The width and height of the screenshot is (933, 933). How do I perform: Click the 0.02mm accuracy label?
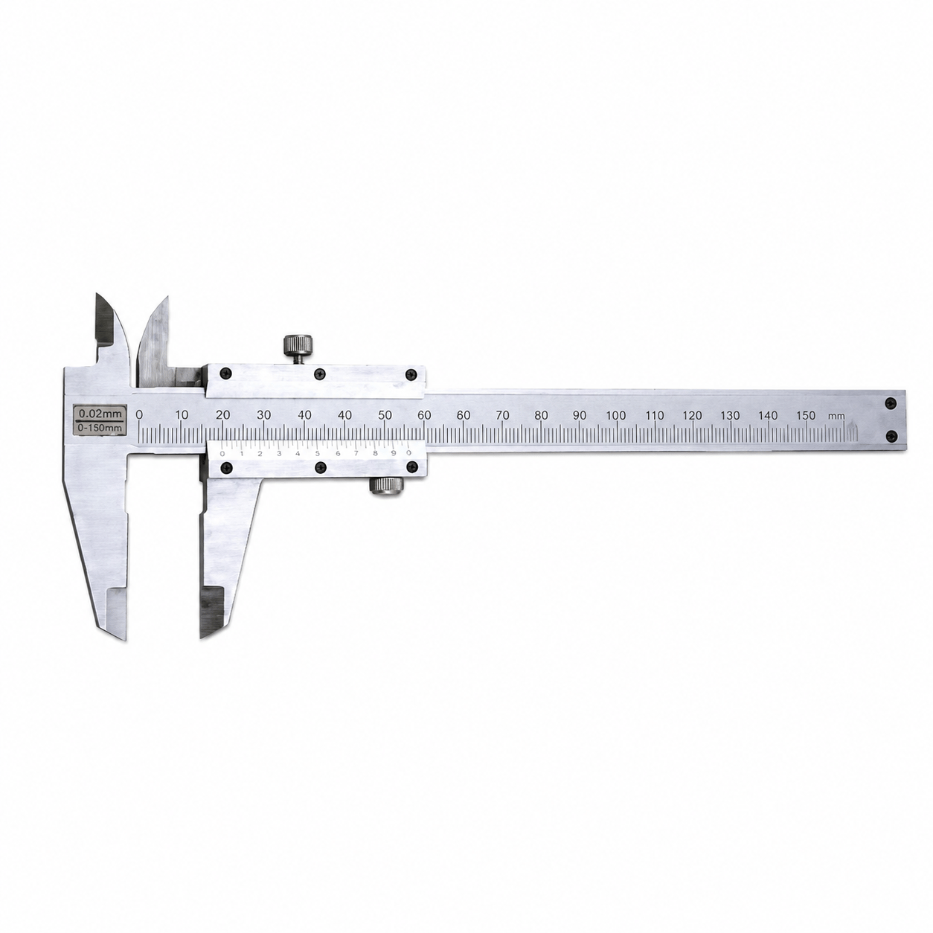[x=100, y=414]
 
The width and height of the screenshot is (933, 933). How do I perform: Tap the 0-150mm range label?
[x=100, y=428]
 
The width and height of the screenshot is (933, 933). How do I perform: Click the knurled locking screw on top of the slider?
[x=298, y=346]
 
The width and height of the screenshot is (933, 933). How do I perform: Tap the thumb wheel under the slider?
[x=385, y=484]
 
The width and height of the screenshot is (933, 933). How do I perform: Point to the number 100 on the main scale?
[x=616, y=415]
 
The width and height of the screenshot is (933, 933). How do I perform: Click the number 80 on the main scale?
[x=541, y=415]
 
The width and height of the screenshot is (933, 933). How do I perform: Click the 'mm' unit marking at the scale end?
[x=836, y=417]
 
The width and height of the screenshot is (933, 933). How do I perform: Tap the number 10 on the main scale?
[x=182, y=415]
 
